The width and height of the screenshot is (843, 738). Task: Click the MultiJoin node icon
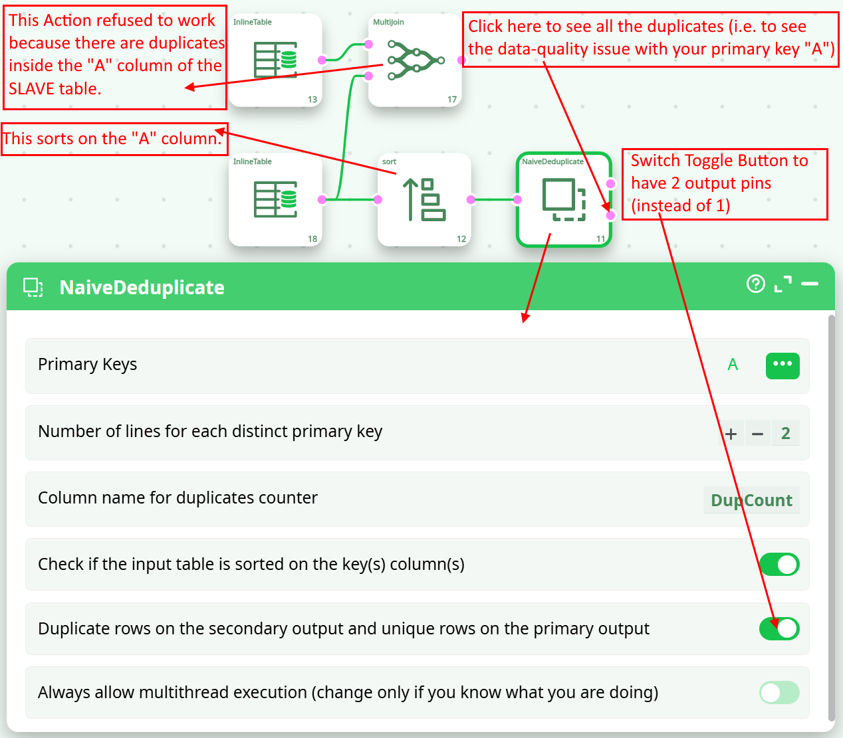click(416, 60)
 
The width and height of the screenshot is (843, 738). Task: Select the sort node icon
click(424, 199)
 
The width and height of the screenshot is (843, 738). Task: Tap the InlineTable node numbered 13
click(275, 60)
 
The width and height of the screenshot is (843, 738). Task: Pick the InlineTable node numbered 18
click(275, 199)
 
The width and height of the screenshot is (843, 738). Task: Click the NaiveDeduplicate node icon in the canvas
click(564, 199)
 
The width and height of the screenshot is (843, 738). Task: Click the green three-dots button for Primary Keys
click(783, 365)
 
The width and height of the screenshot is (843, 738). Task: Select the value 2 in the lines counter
click(785, 433)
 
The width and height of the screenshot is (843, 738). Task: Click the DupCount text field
click(751, 500)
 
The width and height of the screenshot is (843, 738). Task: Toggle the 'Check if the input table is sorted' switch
click(779, 564)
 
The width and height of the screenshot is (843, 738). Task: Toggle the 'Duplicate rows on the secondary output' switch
click(779, 628)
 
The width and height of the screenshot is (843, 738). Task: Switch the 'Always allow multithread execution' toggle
click(779, 692)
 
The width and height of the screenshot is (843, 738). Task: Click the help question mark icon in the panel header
click(756, 284)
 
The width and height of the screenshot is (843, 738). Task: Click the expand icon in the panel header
click(783, 284)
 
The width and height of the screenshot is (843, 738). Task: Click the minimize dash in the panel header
click(810, 284)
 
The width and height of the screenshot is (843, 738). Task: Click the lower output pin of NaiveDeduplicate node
click(610, 215)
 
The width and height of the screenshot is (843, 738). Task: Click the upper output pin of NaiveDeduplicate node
click(610, 183)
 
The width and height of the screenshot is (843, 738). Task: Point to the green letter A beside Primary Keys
click(733, 365)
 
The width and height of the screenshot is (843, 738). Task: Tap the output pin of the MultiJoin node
click(461, 60)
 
